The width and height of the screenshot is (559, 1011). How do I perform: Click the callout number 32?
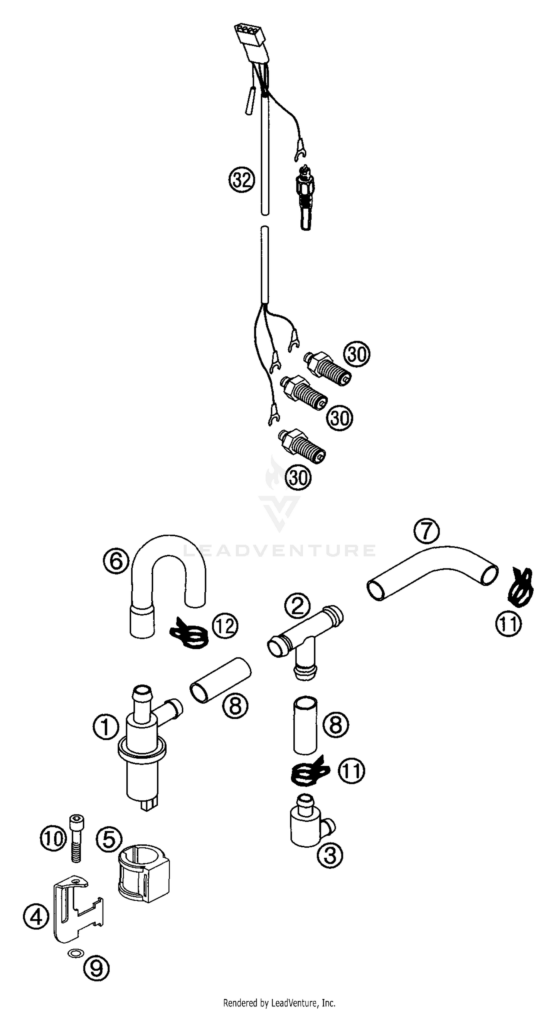point(241,180)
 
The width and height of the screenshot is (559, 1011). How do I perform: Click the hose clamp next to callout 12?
point(189,632)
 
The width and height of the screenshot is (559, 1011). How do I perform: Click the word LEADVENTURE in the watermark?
point(279,550)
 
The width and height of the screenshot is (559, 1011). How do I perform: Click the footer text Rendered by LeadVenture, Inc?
point(279,1003)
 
